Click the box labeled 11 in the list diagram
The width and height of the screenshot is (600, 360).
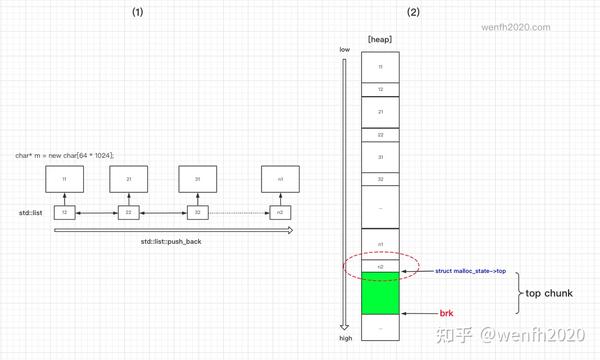click(x=64, y=178)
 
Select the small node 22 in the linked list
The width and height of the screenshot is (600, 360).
click(x=129, y=212)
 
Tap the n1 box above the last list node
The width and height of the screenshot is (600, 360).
click(x=279, y=178)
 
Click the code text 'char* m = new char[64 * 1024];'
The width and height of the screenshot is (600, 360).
click(x=65, y=155)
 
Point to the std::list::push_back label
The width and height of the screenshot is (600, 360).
click(x=172, y=243)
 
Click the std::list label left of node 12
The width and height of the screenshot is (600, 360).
click(x=29, y=212)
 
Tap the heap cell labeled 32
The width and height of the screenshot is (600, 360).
click(x=380, y=178)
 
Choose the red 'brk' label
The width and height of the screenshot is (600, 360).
click(x=446, y=314)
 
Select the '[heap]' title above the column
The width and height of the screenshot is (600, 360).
click(x=380, y=38)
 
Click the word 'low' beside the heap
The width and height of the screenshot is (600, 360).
click(x=344, y=50)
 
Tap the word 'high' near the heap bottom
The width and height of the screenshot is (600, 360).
click(x=345, y=338)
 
